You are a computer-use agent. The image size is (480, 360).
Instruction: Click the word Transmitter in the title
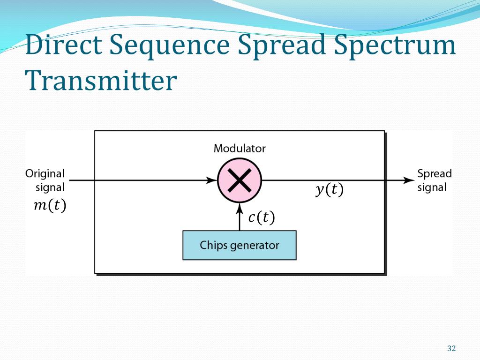[101, 81]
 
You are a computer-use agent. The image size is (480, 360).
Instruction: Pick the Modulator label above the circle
[240, 149]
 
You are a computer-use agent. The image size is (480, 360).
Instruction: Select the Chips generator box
[240, 245]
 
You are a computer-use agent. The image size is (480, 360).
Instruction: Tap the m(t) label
[50, 206]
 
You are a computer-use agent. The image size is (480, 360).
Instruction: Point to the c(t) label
[261, 217]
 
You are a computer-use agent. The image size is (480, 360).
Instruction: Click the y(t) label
[329, 190]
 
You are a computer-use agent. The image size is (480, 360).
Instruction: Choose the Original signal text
[45, 180]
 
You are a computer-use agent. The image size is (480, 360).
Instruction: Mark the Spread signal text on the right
[435, 180]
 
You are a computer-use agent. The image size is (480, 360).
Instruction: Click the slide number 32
[451, 348]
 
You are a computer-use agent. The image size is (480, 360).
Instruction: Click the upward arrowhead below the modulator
[240, 207]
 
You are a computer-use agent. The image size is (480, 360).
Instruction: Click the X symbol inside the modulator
[240, 180]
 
